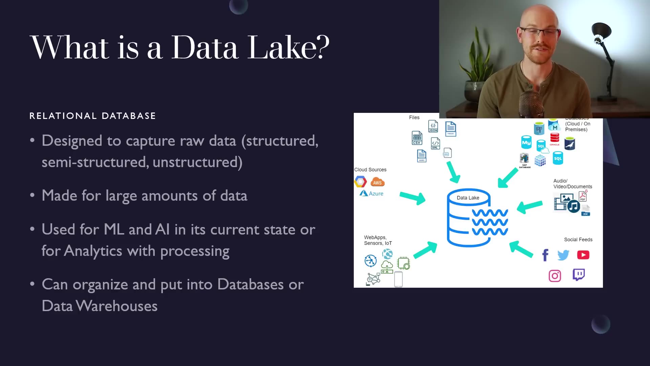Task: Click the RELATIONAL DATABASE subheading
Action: tap(92, 116)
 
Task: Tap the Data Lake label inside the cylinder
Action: tap(468, 198)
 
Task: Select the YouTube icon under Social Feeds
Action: tap(583, 255)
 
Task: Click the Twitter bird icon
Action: tap(563, 255)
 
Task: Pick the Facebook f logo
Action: tap(545, 255)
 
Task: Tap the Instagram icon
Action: tap(555, 276)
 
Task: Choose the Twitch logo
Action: tap(579, 274)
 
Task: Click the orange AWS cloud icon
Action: tap(377, 182)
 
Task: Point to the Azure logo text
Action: tap(376, 194)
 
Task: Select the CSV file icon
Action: tap(417, 138)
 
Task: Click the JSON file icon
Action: tap(433, 126)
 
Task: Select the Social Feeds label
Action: tap(578, 240)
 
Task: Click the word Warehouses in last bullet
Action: tap(116, 306)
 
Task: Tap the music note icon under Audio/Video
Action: tap(573, 206)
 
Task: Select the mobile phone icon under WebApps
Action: tap(398, 279)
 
